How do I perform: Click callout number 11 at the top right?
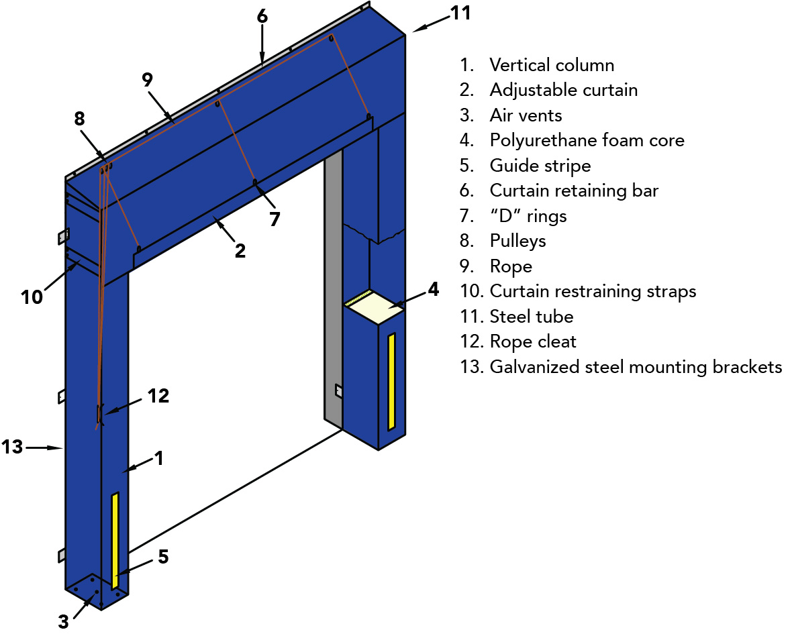[x=460, y=13]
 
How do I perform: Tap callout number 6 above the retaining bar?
[x=262, y=16]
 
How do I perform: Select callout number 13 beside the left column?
[x=13, y=446]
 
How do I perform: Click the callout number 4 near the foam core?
[x=433, y=289]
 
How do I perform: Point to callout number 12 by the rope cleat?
[x=158, y=396]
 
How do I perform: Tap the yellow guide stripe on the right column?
[x=391, y=381]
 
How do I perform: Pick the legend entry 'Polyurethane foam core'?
[x=587, y=140]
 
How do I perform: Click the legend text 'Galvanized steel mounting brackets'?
[x=636, y=367]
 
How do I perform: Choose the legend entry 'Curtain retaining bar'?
[x=574, y=191]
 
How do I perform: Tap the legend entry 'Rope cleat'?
[x=533, y=341]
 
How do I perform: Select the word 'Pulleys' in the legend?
[x=517, y=241]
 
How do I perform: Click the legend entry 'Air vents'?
[x=526, y=115]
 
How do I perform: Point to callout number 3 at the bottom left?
[x=63, y=622]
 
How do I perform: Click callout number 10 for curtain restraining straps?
[x=32, y=297]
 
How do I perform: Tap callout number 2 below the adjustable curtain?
[x=240, y=251]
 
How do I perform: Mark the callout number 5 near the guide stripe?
[x=163, y=557]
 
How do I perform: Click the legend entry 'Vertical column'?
[x=552, y=65]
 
